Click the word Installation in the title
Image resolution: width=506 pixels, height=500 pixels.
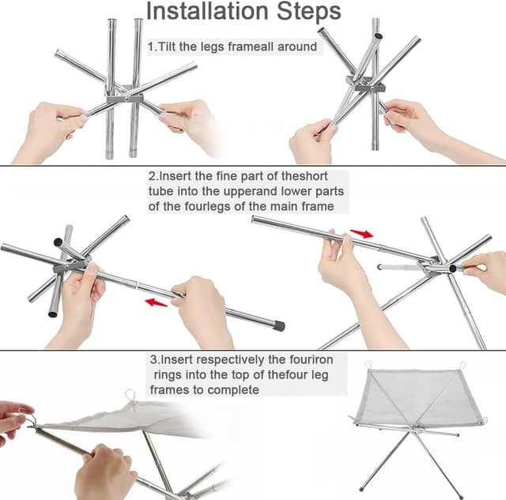(x=207, y=11)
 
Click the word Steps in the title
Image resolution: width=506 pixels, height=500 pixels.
(x=309, y=11)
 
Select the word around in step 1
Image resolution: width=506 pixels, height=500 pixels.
(x=297, y=47)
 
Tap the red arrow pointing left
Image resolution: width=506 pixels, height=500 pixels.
(x=157, y=303)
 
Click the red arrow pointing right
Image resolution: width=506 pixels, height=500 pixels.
(x=362, y=233)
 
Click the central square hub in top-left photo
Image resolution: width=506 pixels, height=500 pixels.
(x=125, y=98)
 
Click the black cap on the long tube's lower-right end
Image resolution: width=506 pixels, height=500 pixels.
(x=278, y=326)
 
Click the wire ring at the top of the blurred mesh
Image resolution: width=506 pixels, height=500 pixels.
(x=130, y=395)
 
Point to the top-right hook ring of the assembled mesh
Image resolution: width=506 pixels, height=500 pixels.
(x=463, y=366)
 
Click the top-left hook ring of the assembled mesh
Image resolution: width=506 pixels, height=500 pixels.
(x=368, y=366)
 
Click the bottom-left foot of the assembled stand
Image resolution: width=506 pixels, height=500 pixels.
(x=362, y=489)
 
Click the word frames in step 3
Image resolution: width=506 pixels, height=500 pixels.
(x=169, y=390)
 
